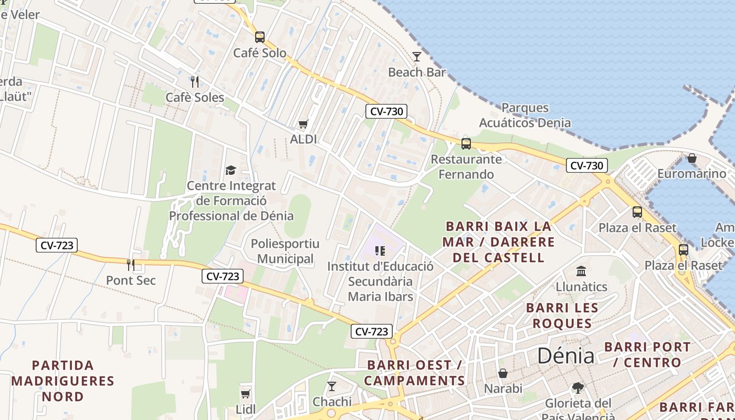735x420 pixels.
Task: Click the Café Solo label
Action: [x=260, y=52]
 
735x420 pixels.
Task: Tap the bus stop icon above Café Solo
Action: [x=260, y=37]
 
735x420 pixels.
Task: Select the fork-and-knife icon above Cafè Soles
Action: [x=195, y=81]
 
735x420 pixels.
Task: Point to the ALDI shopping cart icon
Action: [x=303, y=124]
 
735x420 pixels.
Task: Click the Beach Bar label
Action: [x=417, y=72]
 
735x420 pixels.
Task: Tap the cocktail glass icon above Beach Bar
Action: [x=417, y=56]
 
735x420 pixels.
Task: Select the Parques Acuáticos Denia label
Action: [x=524, y=115]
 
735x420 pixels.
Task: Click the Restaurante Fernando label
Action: [x=466, y=166]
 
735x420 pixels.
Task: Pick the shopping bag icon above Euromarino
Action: [x=692, y=158]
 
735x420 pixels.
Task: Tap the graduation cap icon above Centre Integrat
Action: [x=230, y=170]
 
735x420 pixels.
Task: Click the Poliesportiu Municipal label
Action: [x=285, y=251]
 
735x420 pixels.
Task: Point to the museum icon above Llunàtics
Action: [x=581, y=271]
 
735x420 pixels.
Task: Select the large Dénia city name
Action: [x=565, y=356]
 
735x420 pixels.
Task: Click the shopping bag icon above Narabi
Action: [x=503, y=373]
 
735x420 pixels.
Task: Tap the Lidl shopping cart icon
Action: [x=245, y=394]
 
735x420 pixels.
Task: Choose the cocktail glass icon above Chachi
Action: [x=332, y=386]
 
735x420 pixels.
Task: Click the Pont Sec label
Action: [x=131, y=280]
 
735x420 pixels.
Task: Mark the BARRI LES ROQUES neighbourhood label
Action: [x=562, y=315]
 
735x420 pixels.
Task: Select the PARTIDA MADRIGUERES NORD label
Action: [x=62, y=381]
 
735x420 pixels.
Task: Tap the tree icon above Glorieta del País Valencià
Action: [x=577, y=387]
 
